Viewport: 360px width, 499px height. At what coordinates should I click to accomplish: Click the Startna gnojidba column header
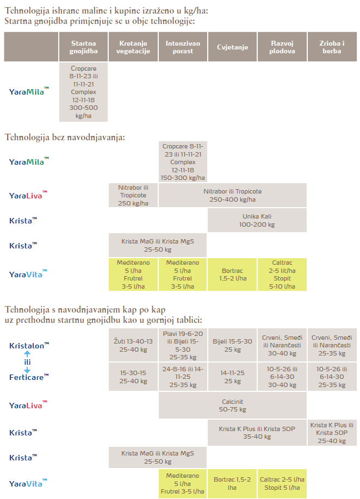click(x=83, y=47)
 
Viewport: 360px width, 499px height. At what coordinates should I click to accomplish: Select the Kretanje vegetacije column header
click(x=133, y=47)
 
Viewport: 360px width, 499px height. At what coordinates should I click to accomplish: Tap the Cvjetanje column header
click(x=232, y=47)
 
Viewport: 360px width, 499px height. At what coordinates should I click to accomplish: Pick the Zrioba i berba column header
click(x=331, y=47)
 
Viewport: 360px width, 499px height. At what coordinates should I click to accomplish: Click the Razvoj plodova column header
click(x=282, y=47)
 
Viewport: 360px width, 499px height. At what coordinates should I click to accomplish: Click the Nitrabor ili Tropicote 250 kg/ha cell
click(x=133, y=195)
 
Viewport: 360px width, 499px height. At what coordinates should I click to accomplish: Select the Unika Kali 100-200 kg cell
click(x=257, y=220)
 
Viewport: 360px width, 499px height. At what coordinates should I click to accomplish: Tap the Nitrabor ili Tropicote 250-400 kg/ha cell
click(x=232, y=195)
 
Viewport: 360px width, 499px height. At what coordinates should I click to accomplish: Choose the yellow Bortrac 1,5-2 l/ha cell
click(x=232, y=275)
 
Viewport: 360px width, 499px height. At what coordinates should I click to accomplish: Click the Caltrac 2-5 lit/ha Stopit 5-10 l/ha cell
click(x=282, y=275)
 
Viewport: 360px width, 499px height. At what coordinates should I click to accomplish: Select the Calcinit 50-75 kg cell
click(x=232, y=406)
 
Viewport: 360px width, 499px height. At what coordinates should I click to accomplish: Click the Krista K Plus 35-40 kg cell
click(x=257, y=432)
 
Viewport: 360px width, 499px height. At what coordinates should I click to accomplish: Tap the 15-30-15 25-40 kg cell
click(x=133, y=377)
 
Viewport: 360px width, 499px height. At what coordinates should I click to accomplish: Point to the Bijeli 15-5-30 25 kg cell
click(x=232, y=345)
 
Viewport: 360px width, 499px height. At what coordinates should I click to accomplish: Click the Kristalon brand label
click(x=29, y=345)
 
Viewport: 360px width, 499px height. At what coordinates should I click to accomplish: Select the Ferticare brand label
click(x=29, y=376)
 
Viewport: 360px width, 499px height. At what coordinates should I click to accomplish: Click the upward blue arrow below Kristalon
click(x=27, y=353)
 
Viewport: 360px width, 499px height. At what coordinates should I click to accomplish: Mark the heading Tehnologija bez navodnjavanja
click(x=65, y=137)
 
